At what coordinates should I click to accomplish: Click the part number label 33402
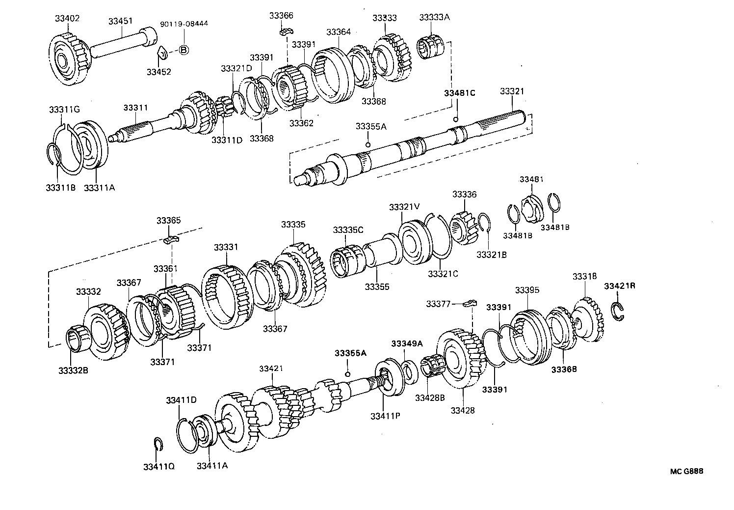tap(67, 18)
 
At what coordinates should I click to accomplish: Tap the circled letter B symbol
tap(183, 50)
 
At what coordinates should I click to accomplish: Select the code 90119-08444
tap(184, 24)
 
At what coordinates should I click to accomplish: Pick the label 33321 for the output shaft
tap(512, 91)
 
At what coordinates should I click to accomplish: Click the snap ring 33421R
tap(619, 312)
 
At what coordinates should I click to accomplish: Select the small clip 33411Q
tap(158, 444)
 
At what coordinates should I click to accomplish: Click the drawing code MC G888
tap(687, 471)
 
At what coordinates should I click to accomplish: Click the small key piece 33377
tap(470, 303)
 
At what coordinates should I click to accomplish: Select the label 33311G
tap(64, 109)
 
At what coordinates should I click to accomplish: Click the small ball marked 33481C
tap(456, 119)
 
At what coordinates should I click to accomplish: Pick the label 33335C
tap(348, 230)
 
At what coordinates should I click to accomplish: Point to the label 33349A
tap(407, 343)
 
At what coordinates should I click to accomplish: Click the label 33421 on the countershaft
tap(271, 368)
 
